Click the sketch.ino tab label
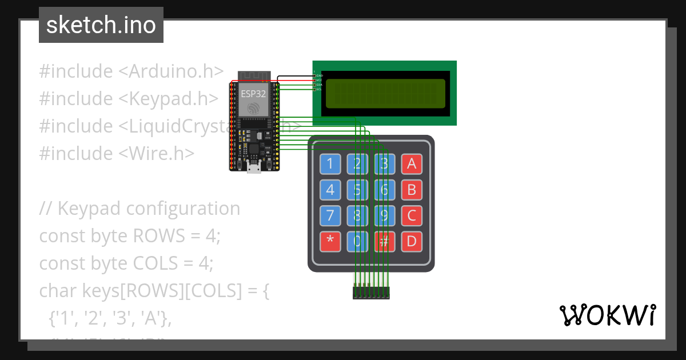pyautogui.click(x=101, y=25)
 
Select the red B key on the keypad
pyautogui.click(x=412, y=190)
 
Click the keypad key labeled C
pyautogui.click(x=412, y=216)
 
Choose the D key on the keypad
pyautogui.click(x=412, y=242)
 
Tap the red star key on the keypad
pyautogui.click(x=330, y=242)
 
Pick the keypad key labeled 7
pyautogui.click(x=330, y=216)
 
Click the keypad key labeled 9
pyautogui.click(x=384, y=216)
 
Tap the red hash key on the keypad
pyautogui.click(x=384, y=242)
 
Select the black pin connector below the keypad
pyautogui.click(x=371, y=293)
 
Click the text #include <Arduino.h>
pyautogui.click(x=131, y=71)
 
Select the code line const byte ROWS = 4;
pyautogui.click(x=129, y=236)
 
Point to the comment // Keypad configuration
pyautogui.click(x=139, y=209)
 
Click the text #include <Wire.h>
pyautogui.click(x=117, y=154)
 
